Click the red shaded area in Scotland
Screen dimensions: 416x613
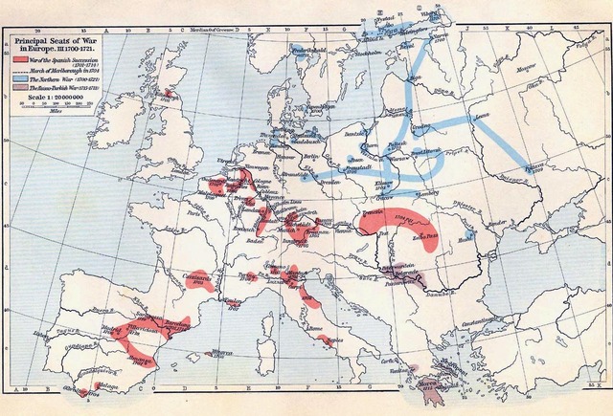170,95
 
